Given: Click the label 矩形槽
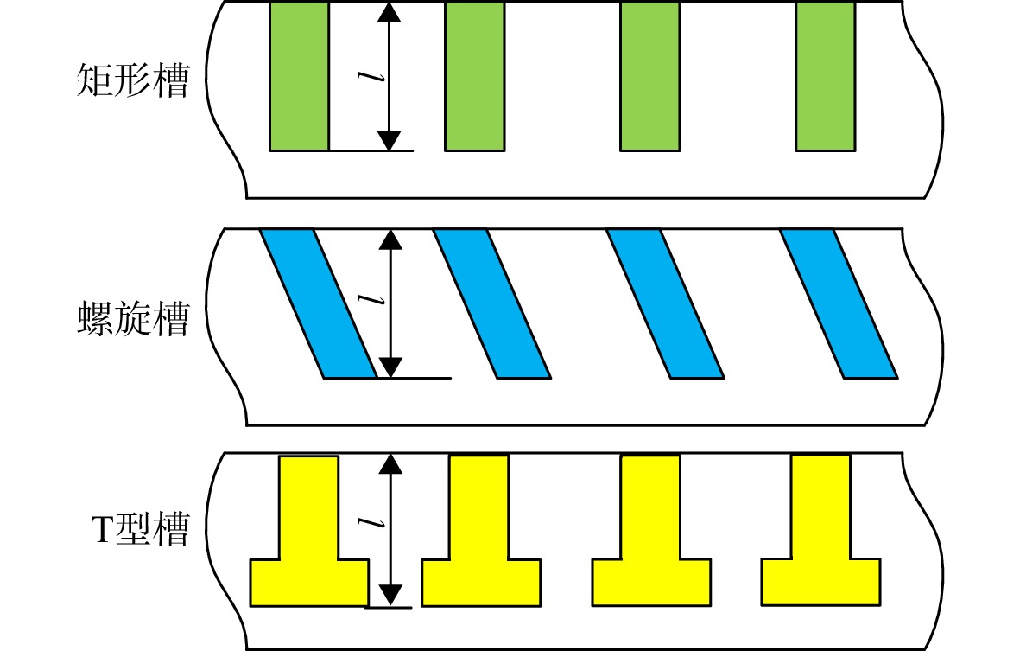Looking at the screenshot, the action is [x=133, y=80].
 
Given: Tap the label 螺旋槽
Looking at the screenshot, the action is [x=133, y=318].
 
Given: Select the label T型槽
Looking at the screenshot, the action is [x=140, y=528].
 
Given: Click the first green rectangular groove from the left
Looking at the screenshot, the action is [x=299, y=76].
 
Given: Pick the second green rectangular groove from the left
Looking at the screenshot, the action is [x=475, y=76].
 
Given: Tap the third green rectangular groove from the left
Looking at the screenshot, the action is [x=649, y=76].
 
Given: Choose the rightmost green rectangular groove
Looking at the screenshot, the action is [x=826, y=76].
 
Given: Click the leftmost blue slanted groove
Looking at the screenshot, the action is [x=318, y=303].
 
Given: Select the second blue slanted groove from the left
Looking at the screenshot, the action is [x=491, y=303].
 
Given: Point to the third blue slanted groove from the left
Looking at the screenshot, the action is [x=666, y=303].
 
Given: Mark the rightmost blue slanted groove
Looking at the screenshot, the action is [x=839, y=303].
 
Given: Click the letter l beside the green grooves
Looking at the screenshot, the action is [x=371, y=77].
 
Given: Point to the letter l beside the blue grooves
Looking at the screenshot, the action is [x=371, y=300].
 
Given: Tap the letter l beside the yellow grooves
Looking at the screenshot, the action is [x=371, y=523].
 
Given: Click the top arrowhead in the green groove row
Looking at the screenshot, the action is [x=389, y=12].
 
